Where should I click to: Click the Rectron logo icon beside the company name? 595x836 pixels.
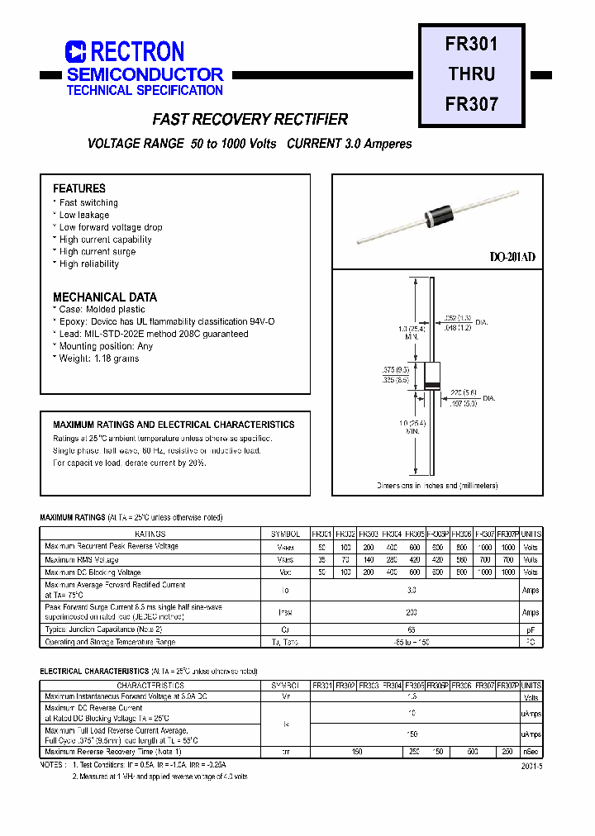pos(76,52)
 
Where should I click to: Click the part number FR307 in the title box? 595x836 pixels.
pos(472,104)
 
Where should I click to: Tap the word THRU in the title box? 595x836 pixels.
pos(472,74)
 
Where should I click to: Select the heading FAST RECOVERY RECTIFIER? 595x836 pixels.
pos(250,120)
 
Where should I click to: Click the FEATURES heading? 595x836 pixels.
pos(79,188)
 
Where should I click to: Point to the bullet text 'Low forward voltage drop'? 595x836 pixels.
pos(111,227)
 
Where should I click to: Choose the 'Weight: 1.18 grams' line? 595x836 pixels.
pos(98,359)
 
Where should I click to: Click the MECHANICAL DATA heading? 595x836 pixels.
pos(104,297)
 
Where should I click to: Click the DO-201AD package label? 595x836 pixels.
pos(512,258)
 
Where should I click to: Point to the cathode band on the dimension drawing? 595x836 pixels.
pos(431,387)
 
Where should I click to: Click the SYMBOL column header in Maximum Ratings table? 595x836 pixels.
pos(285,534)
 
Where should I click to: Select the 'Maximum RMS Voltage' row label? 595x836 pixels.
pos(82,560)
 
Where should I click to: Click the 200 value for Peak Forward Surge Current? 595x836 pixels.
pos(412,612)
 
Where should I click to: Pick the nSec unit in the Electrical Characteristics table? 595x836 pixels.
pos(531,752)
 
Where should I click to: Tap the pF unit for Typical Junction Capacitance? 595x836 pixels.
pos(531,629)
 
